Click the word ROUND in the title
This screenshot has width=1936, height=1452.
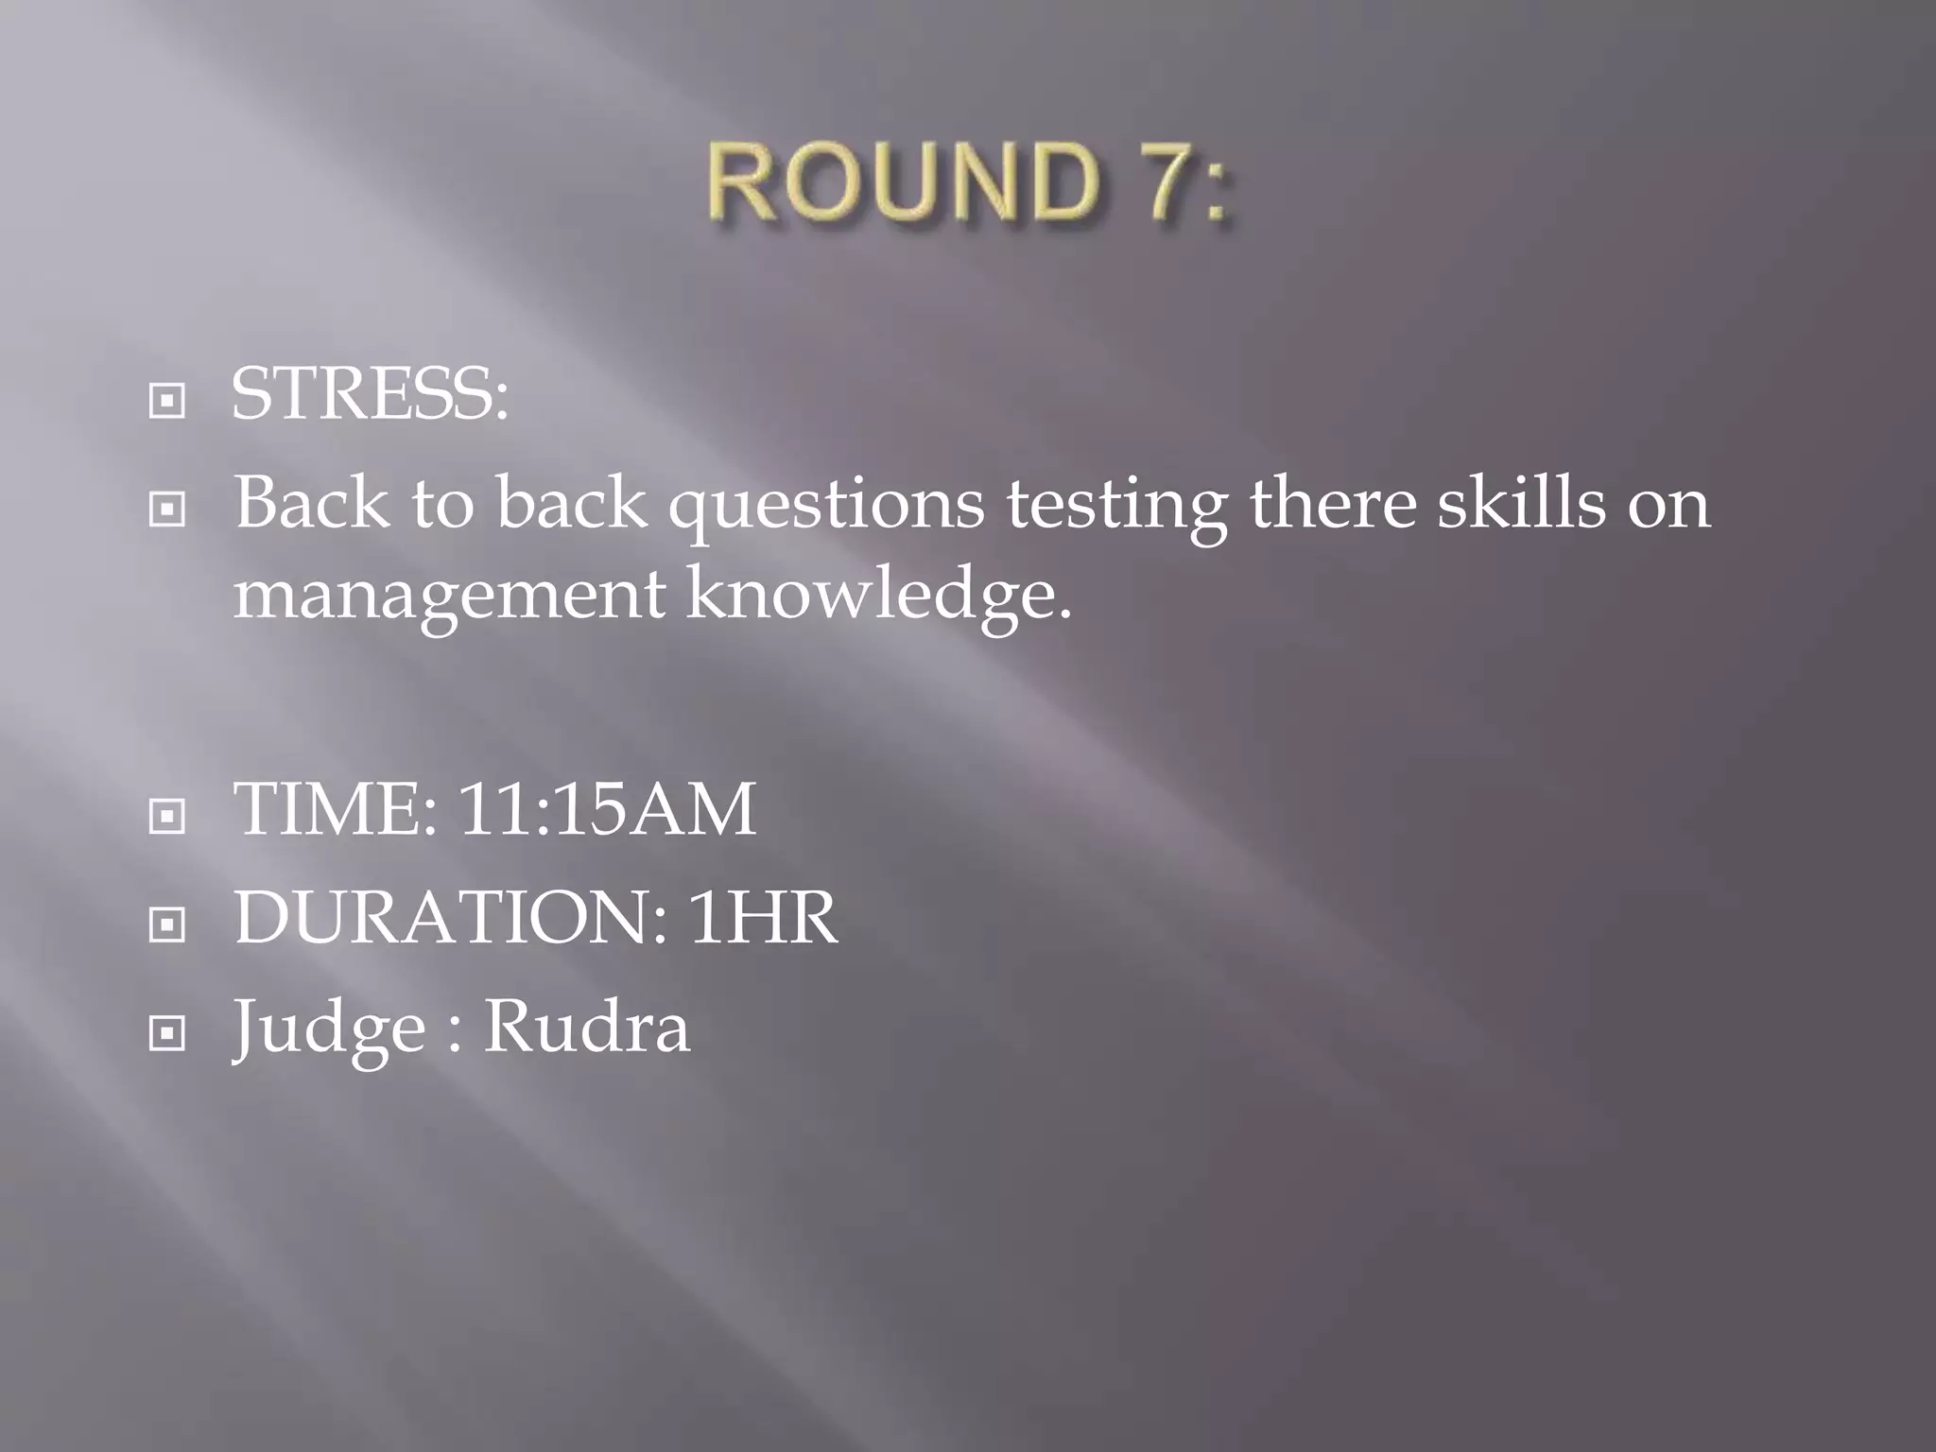[x=904, y=181]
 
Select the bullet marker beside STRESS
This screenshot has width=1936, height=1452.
[x=167, y=401]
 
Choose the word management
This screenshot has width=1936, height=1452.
[x=449, y=597]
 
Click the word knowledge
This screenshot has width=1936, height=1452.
[x=878, y=597]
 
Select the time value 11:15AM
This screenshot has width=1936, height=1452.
[x=607, y=809]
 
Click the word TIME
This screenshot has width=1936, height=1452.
[x=335, y=809]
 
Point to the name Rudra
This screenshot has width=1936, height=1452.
[x=586, y=1026]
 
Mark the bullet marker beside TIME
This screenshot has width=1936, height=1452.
[x=167, y=816]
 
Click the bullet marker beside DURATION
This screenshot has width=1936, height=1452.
[x=167, y=924]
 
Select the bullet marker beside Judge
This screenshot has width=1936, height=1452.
[x=167, y=1033]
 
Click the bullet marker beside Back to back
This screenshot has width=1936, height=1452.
[x=167, y=510]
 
